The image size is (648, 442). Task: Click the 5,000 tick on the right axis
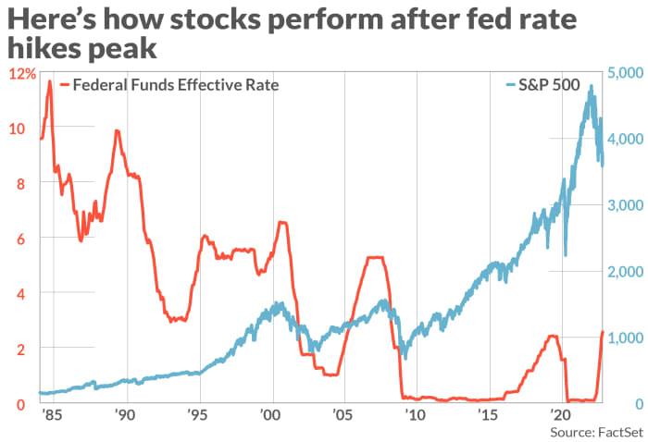tap(626, 73)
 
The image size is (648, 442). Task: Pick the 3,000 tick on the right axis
tap(626, 205)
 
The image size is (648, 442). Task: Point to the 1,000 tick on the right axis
tap(626, 338)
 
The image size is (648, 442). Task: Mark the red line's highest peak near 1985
tap(49, 81)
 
